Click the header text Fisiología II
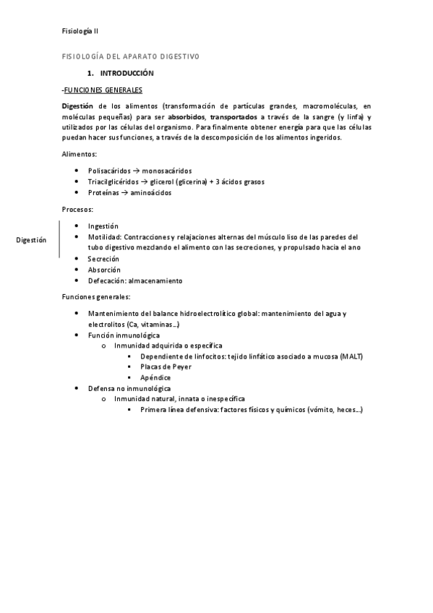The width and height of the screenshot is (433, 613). click(80, 31)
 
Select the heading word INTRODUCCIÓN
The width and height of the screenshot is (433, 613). click(127, 74)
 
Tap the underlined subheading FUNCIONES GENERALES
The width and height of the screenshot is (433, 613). click(103, 90)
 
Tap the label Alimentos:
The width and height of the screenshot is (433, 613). click(80, 154)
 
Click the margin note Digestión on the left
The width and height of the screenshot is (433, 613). click(31, 240)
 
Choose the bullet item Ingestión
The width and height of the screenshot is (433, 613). click(103, 226)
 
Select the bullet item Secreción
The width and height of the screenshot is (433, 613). click(103, 259)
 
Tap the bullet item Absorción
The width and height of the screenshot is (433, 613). click(104, 270)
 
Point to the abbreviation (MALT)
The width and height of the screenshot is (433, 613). click(350, 356)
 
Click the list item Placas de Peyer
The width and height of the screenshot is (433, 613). click(166, 367)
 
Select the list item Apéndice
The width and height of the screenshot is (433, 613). click(155, 377)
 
